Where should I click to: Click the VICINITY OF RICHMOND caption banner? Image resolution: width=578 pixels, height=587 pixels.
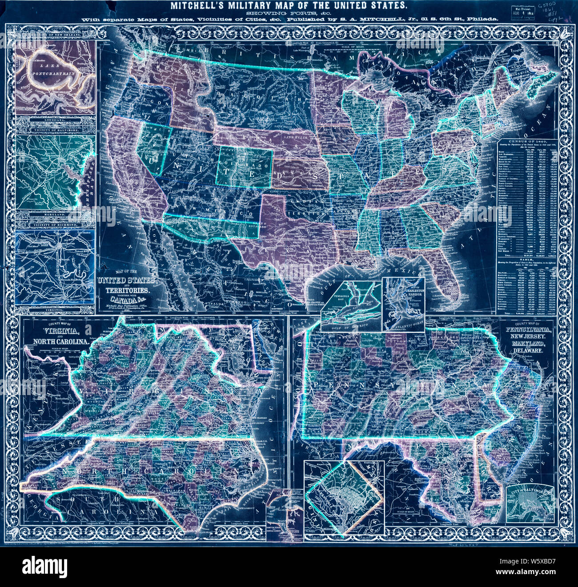pos(55,225)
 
